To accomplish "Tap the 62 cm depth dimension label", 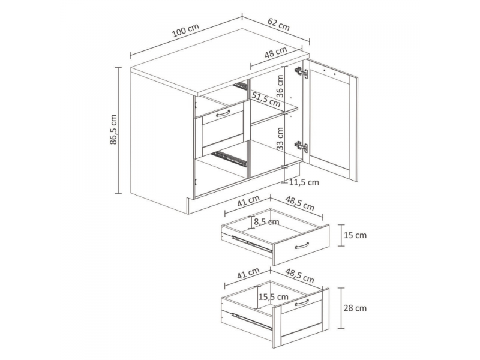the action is click(278, 24).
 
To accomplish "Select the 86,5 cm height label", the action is click(113, 130).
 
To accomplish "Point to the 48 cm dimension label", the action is click(276, 52).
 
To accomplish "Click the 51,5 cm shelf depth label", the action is click(266, 99).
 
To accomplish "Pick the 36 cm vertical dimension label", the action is click(280, 86).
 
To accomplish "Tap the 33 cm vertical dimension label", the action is click(280, 139).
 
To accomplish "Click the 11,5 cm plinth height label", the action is click(304, 183).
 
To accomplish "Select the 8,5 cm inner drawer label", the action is click(266, 221).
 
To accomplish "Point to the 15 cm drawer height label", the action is click(355, 235).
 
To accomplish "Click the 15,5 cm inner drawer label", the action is click(274, 296).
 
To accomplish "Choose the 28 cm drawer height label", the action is click(355, 308).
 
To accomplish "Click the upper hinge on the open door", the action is click(301, 73).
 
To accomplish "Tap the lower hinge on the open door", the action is click(301, 146).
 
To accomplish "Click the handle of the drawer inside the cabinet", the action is click(223, 113).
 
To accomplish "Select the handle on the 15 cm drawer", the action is click(302, 245).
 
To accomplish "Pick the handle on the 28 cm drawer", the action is click(302, 302).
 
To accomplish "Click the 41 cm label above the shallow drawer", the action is click(248, 201).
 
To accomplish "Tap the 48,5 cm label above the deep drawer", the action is click(299, 275).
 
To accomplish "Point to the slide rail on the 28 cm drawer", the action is click(252, 322).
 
